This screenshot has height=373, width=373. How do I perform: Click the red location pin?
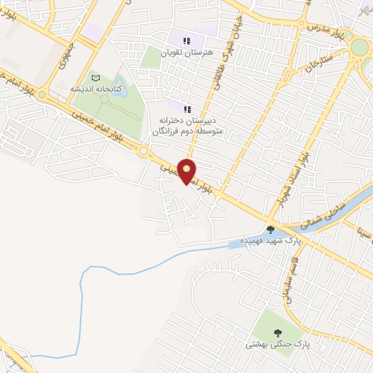point(187,171)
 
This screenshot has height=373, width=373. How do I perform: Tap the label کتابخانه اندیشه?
point(96,88)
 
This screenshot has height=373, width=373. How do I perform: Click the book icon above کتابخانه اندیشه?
point(95,77)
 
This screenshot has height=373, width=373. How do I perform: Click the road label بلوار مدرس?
point(321,31)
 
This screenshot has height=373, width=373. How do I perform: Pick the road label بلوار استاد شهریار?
point(291,178)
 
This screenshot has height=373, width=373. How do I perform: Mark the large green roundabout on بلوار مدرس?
point(359,48)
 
